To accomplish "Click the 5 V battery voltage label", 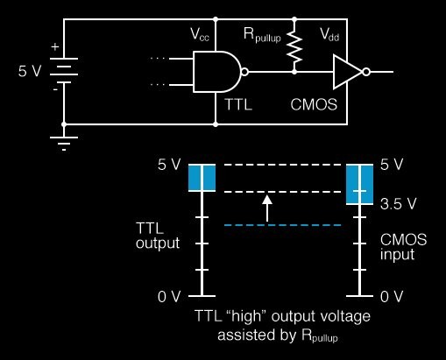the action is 30,71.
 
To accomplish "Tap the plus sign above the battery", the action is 55,46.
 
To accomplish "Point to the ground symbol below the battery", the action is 64,144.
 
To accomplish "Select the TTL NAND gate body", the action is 216,72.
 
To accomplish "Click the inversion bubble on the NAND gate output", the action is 244,72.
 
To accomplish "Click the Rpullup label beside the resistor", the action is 262,35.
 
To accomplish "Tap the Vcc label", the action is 200,35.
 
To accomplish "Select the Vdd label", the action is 329,35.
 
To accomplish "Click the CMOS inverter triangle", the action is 348,72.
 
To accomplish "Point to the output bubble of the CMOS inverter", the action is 366,72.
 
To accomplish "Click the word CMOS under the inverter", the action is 314,104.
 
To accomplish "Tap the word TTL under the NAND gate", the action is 238,104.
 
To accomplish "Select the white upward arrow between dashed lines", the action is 267,208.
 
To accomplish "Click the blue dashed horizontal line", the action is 283,225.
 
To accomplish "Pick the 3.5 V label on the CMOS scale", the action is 398,204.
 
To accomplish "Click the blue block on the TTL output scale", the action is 202,178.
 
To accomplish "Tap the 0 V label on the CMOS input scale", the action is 392,297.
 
